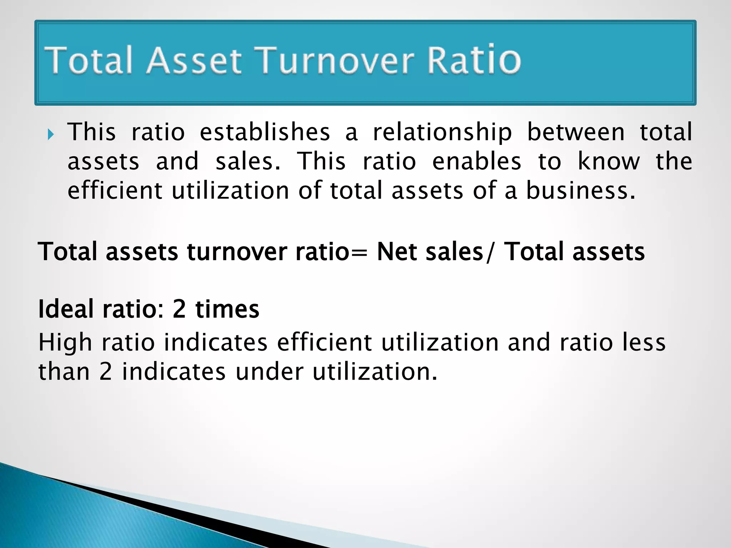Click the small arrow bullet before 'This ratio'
tap(51, 135)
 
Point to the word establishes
tap(264, 132)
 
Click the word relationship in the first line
tap(442, 133)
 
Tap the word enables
tap(477, 161)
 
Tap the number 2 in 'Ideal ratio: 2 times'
tap(179, 309)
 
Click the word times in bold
tap(227, 309)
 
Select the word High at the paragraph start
tap(65, 342)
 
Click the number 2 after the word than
tap(106, 372)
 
